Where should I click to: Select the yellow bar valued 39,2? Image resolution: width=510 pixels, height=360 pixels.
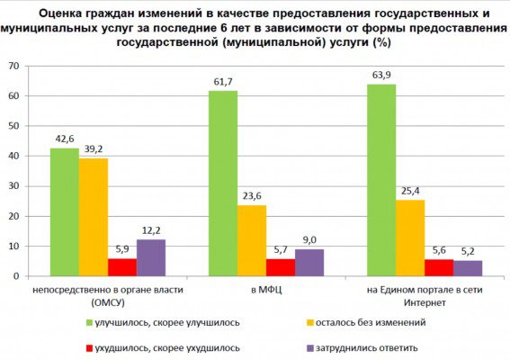click(x=93, y=217)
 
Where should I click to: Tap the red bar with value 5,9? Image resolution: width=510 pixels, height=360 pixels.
click(x=121, y=267)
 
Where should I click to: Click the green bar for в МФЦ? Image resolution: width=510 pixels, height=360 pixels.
click(x=223, y=184)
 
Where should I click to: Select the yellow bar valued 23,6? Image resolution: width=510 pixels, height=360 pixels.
click(x=252, y=240)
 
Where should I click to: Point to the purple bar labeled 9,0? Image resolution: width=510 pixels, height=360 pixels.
click(x=309, y=263)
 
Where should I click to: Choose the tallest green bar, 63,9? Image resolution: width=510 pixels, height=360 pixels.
click(x=381, y=180)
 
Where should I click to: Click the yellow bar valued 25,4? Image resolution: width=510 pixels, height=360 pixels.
click(x=410, y=238)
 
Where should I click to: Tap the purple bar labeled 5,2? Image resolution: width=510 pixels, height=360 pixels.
click(x=468, y=268)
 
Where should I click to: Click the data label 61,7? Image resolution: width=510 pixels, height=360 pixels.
click(x=223, y=83)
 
